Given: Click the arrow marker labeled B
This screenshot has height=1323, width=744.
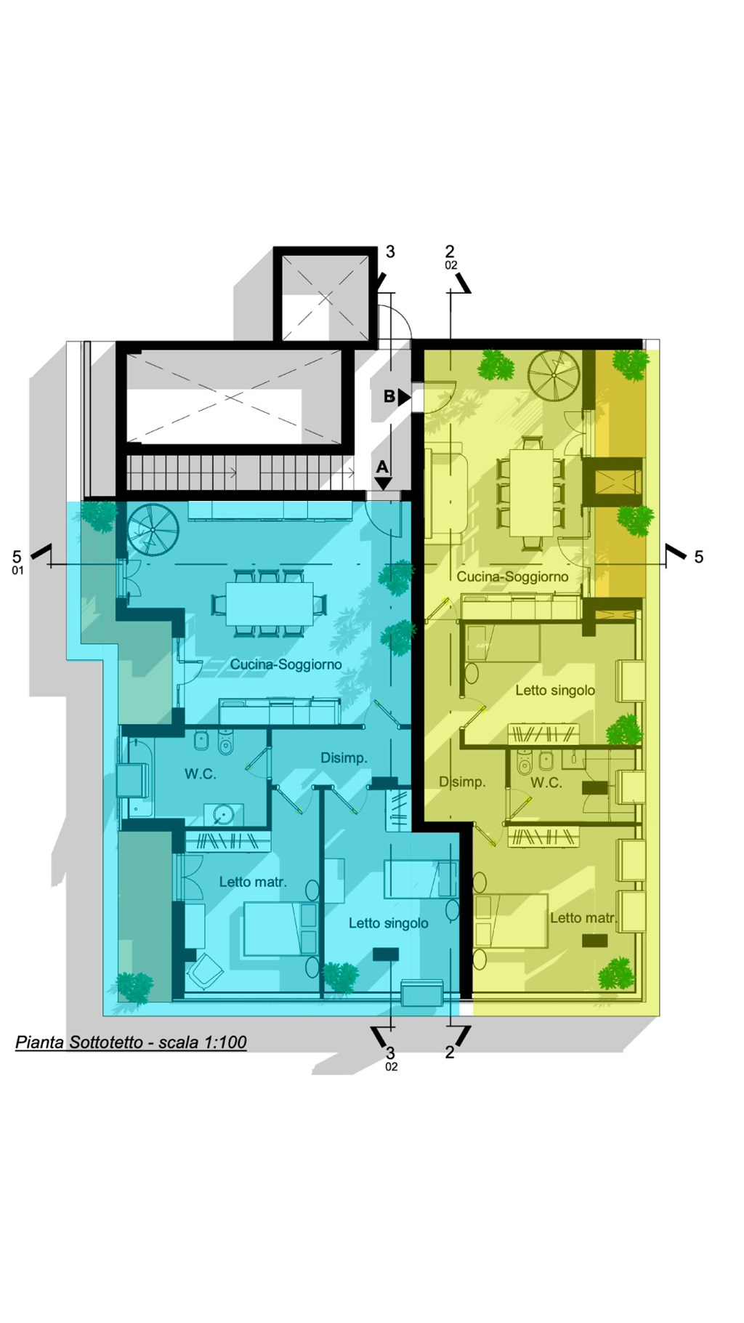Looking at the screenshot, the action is (x=405, y=397).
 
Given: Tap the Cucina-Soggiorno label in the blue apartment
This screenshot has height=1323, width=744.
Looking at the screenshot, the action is (x=286, y=664).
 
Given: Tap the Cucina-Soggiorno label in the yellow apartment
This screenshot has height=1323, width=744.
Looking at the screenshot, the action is (x=512, y=577).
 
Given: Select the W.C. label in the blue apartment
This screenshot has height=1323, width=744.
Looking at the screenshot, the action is (x=200, y=774).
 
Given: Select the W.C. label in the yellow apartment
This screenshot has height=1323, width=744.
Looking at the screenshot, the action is (x=546, y=783).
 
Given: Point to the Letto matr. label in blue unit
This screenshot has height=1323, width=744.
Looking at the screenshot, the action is (x=253, y=882).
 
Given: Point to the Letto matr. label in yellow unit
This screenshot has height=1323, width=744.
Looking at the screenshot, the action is (x=583, y=918).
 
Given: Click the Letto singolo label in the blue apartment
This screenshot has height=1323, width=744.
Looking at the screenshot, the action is (x=388, y=923).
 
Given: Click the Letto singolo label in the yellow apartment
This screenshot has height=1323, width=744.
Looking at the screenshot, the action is (x=555, y=691).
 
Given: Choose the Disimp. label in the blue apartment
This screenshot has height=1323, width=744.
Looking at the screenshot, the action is (x=344, y=758).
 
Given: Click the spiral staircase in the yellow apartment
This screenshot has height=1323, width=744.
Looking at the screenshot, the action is (x=553, y=376).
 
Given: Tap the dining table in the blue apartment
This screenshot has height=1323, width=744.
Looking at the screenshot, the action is (x=269, y=603).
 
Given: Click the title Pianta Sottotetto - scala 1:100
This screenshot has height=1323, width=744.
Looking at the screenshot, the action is (x=132, y=1042).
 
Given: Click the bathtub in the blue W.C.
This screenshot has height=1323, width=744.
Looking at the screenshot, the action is (x=135, y=777).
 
